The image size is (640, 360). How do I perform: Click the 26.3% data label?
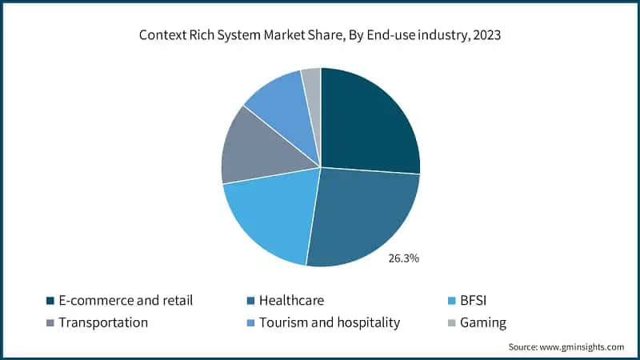coord(404,258)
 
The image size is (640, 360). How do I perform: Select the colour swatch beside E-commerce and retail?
coord(50,302)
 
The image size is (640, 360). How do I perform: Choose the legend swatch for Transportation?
coord(50,323)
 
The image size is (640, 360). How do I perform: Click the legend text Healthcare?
coord(295,302)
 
